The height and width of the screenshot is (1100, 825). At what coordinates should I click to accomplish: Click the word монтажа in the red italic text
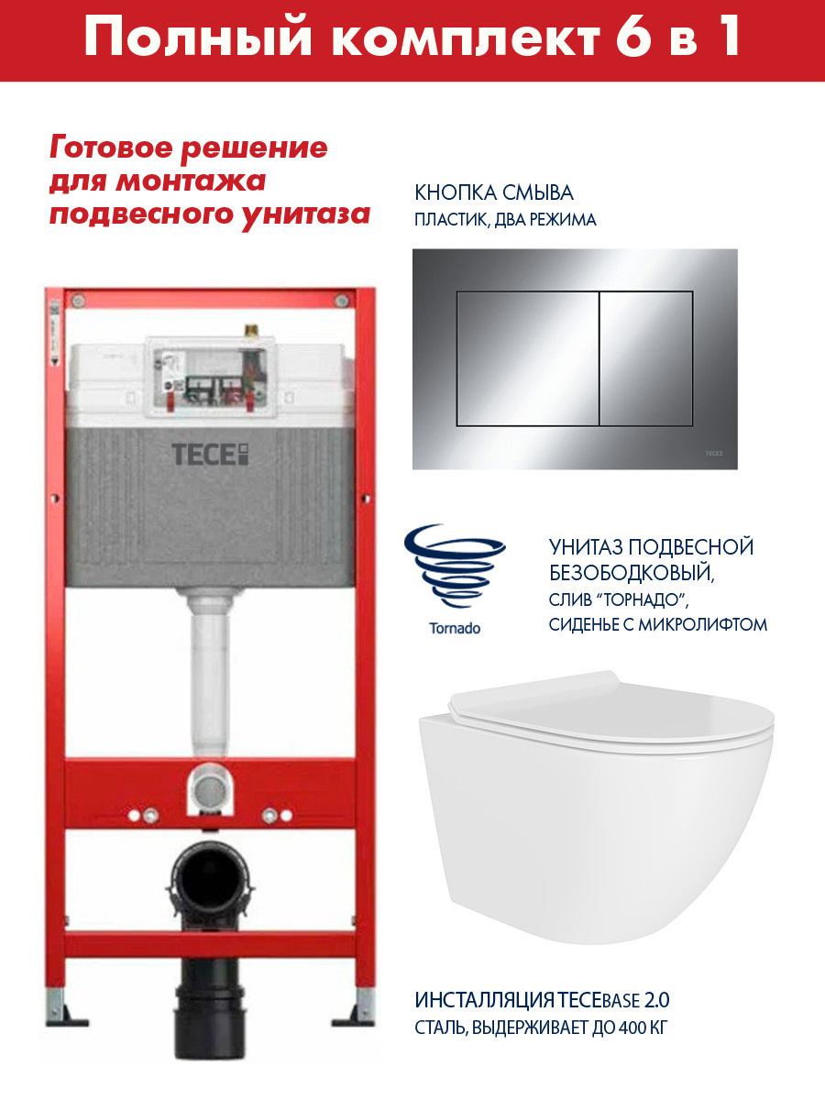coord(191,181)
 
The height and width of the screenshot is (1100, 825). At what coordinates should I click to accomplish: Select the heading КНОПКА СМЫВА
coord(494,193)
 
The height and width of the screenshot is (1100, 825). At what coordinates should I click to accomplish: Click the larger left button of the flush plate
coord(527,358)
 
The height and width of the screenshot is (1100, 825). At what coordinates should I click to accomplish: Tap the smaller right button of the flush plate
coord(646,358)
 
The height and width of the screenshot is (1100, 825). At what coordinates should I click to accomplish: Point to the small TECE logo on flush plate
coord(714,454)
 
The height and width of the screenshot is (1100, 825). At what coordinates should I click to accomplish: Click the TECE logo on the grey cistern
coord(210,454)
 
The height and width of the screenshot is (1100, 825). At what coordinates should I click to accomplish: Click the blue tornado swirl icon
coord(455,566)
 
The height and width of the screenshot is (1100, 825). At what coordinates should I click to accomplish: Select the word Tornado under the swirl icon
coord(455,629)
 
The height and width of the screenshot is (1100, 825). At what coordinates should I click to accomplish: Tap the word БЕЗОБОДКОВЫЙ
coord(632,573)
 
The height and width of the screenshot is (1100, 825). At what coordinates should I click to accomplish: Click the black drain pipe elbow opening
coord(209,877)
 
